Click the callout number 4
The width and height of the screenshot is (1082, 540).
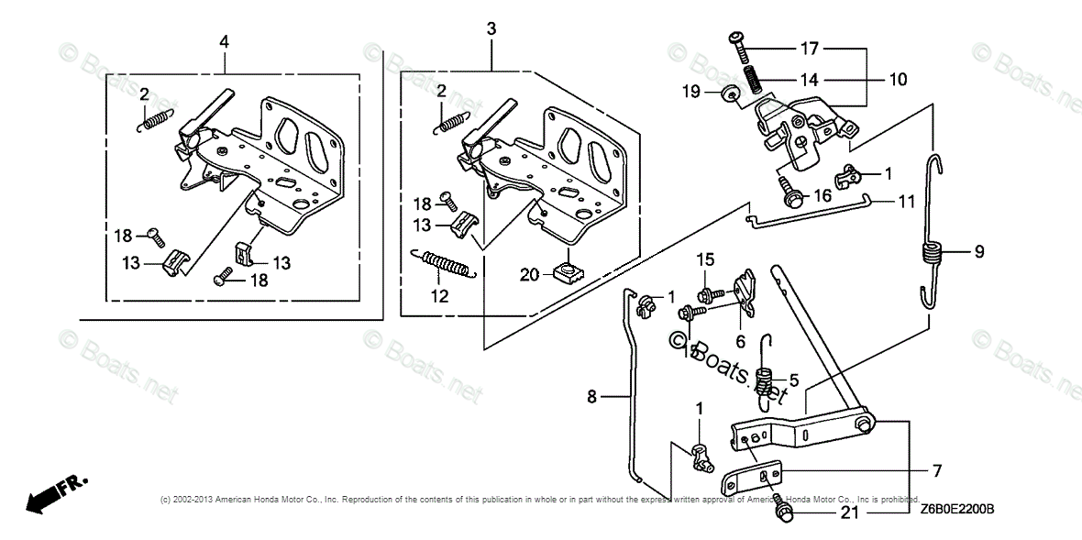click(x=225, y=41)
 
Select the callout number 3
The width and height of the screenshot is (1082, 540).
click(x=491, y=29)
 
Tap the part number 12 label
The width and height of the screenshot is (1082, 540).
click(x=440, y=295)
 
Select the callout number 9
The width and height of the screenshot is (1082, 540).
click(x=978, y=251)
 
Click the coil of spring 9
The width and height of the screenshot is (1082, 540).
click(x=932, y=252)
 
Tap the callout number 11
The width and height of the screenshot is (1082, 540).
click(x=906, y=202)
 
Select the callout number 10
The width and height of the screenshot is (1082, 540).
click(x=897, y=80)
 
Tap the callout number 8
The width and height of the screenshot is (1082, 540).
click(x=591, y=396)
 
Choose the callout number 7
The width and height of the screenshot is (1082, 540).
click(x=936, y=470)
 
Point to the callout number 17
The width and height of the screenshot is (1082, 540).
click(x=809, y=48)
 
